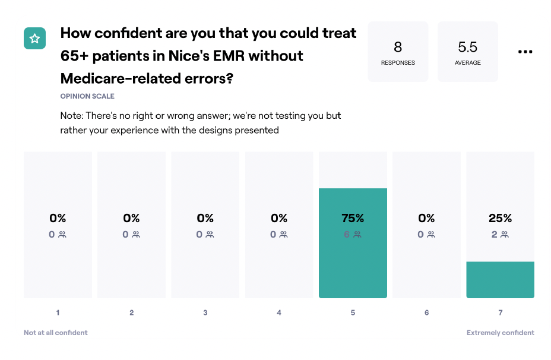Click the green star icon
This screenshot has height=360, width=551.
tap(35, 39)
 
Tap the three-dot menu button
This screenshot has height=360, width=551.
tap(525, 52)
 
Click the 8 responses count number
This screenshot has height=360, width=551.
tap(398, 47)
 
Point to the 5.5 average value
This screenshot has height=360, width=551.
tap(467, 47)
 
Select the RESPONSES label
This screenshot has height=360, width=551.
tap(398, 62)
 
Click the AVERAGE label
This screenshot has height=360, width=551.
tap(468, 62)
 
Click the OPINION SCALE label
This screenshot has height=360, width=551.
tap(87, 96)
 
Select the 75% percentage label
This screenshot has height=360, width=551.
tap(353, 218)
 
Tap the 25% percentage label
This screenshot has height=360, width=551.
tap(500, 218)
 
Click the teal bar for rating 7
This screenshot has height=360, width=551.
tap(501, 279)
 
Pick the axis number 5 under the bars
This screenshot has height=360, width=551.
tap(353, 312)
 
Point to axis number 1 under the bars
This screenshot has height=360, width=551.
tap(58, 312)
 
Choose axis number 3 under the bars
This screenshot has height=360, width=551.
tap(205, 312)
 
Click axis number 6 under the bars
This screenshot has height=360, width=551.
tap(426, 312)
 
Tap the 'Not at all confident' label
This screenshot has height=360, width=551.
tap(56, 333)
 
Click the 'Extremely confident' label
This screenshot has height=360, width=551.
tap(501, 333)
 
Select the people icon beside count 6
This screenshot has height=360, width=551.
tap(357, 234)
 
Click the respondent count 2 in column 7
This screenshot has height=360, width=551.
tap(494, 234)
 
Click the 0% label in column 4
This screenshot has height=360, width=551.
tap(279, 218)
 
